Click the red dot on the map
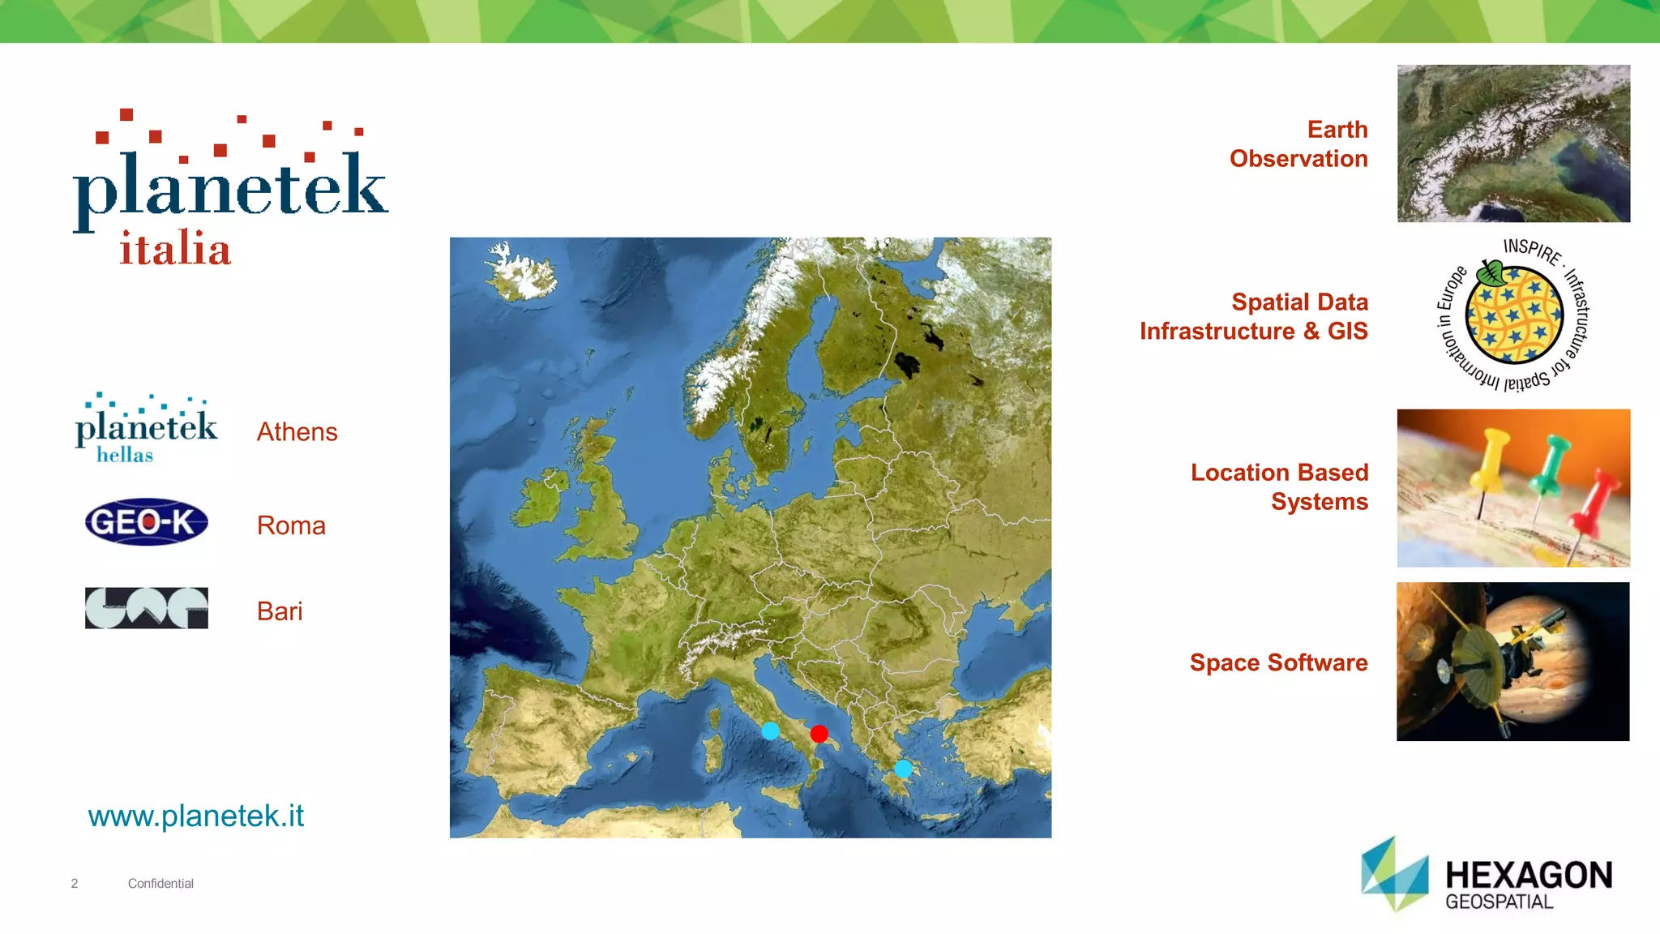coord(819,734)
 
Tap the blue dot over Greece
coord(903,768)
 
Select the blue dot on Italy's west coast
coord(770,730)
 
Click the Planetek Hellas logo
coord(146,428)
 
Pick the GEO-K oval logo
coord(147,522)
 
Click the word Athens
coord(297,432)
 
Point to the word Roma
coord(291,525)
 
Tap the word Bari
coord(280,611)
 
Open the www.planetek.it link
coord(196,816)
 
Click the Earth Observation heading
coord(1298,144)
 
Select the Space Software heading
coord(1278,662)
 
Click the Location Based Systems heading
coord(1279,487)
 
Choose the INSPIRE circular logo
coord(1513,315)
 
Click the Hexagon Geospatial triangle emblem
coord(1394,875)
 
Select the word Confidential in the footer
coord(160,884)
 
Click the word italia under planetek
coord(175,248)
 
